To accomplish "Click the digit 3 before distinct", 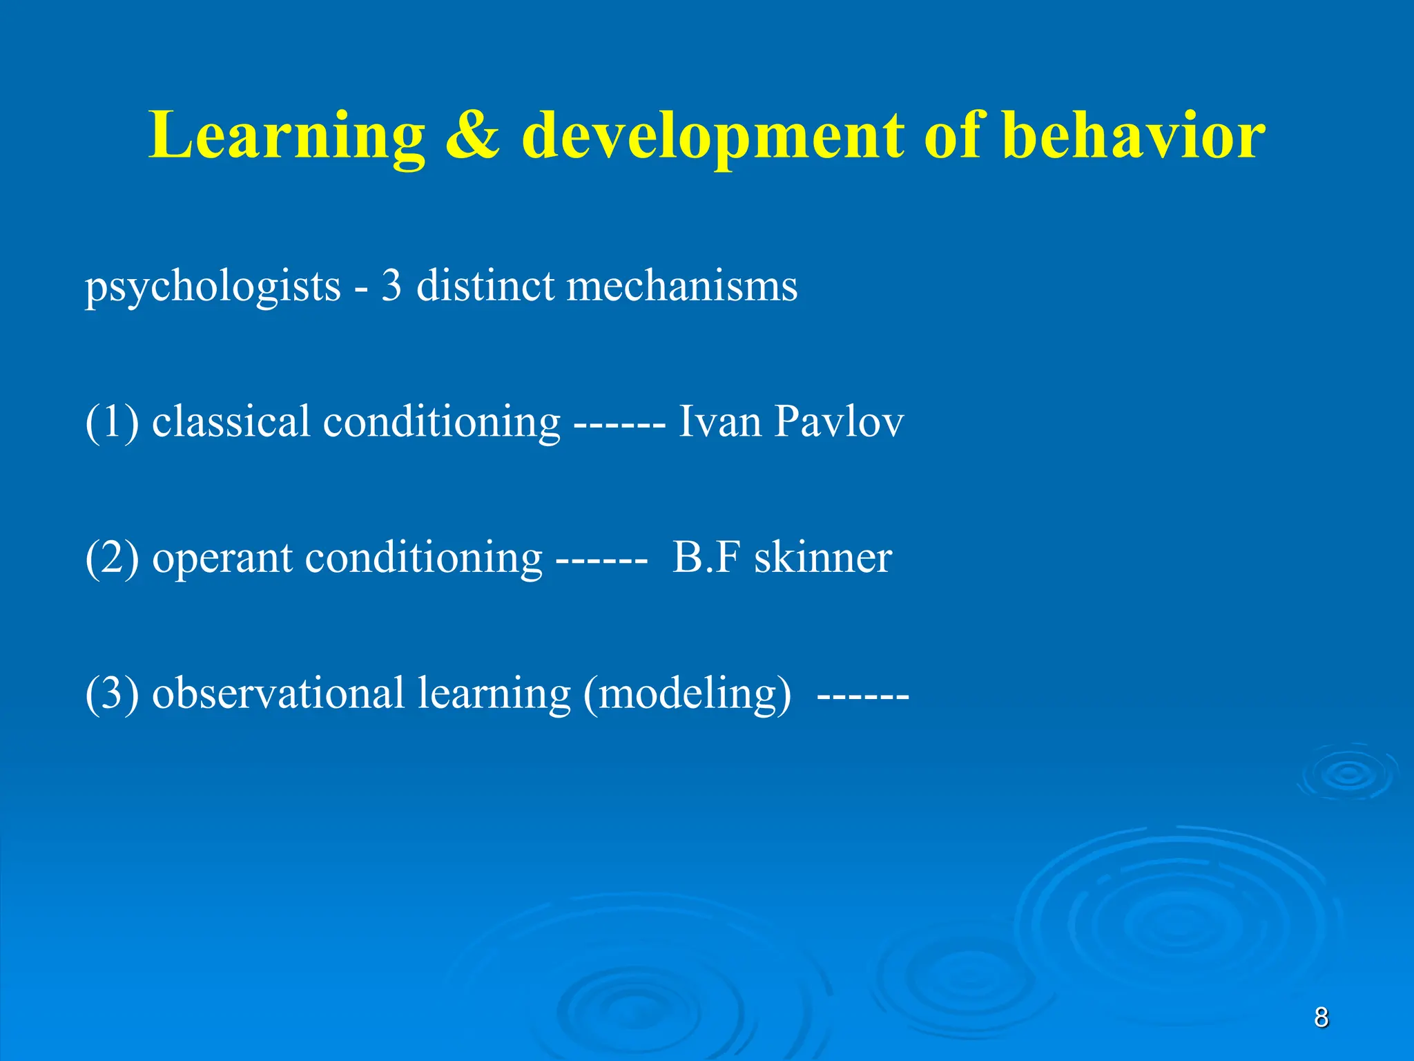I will pos(391,285).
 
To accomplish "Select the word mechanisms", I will pos(681,285).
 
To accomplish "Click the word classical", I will pos(231,421).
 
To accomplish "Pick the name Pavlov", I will pos(838,421).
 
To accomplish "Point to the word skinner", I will pos(823,557).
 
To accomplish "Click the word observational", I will pos(278,693).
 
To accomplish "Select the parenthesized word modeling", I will pos(687,694).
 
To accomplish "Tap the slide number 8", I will pos(1321,1017).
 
